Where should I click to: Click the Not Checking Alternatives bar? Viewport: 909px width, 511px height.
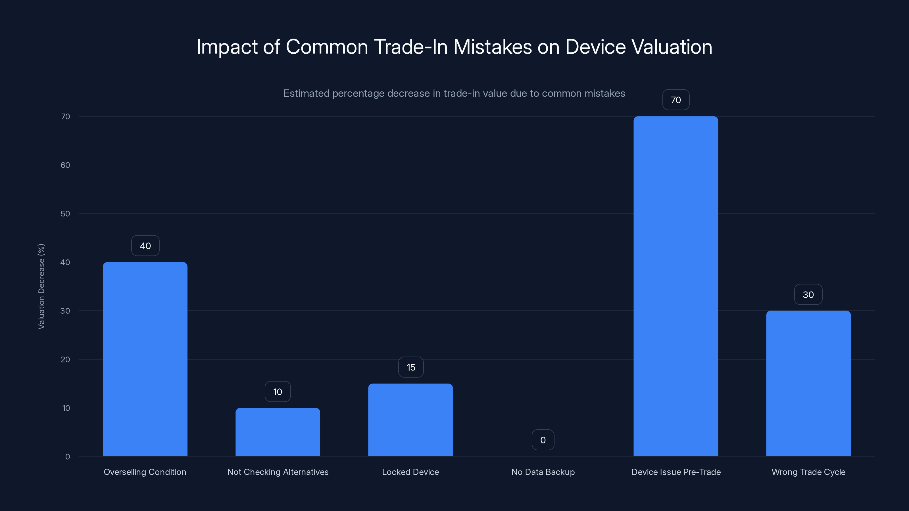tap(278, 432)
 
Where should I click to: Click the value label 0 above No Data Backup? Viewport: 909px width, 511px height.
tap(543, 440)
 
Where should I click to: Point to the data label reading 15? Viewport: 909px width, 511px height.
tap(411, 367)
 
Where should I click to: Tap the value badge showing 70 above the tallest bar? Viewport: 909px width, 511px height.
tap(676, 100)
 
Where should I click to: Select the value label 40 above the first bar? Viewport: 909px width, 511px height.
tap(145, 246)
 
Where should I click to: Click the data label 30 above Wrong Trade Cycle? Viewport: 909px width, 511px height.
tap(808, 294)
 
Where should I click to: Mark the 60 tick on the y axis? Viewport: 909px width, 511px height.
tap(65, 165)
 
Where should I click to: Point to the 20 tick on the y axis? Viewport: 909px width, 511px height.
tap(65, 359)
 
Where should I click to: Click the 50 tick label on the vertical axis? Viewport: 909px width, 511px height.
tap(65, 214)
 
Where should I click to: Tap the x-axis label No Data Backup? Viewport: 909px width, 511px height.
tap(543, 472)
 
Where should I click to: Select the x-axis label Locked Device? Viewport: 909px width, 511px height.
tap(410, 472)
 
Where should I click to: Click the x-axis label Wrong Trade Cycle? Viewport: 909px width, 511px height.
tap(808, 472)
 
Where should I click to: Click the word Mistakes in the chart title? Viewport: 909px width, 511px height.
tap(492, 47)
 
